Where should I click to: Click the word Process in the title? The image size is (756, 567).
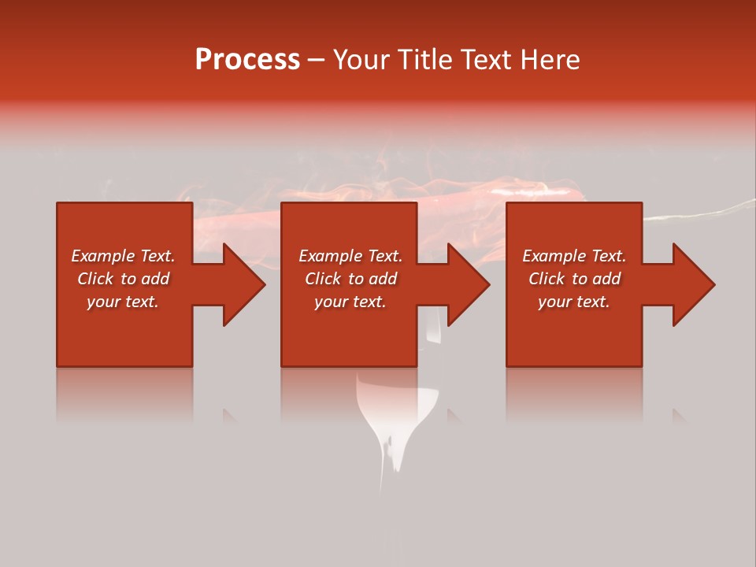click(x=247, y=60)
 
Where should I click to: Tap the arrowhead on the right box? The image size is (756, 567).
click(x=692, y=284)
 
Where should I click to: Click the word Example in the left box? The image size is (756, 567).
click(x=102, y=256)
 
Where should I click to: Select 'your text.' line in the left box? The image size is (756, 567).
click(x=123, y=302)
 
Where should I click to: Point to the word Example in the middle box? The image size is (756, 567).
click(x=330, y=256)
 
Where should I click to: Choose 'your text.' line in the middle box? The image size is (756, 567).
click(x=350, y=302)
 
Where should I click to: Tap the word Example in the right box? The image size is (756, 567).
click(x=554, y=256)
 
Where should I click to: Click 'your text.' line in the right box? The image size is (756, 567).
click(x=574, y=302)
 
